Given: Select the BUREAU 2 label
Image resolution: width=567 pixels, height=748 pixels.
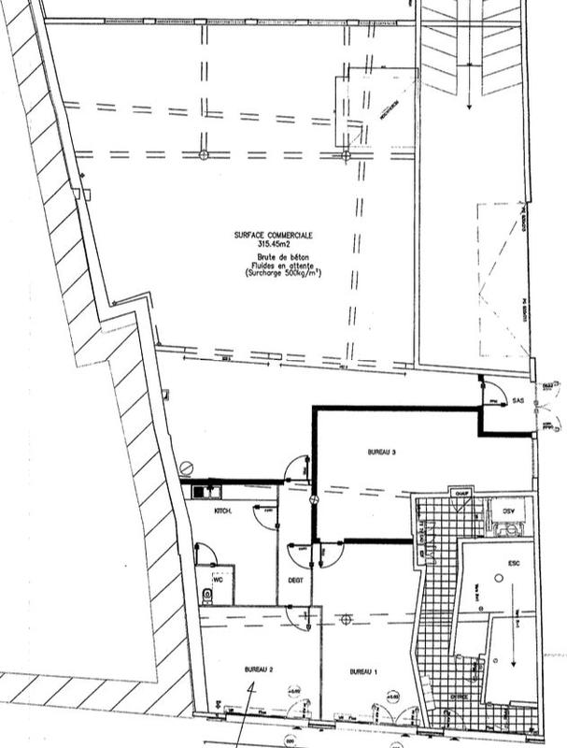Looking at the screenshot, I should click(258, 670).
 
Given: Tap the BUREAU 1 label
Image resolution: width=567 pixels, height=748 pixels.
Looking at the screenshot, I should click(363, 671).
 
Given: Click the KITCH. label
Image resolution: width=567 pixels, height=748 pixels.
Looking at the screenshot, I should click(223, 511).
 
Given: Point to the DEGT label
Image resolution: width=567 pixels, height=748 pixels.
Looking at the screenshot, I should click(296, 581).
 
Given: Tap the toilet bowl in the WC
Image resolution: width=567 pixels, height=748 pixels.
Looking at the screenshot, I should click(206, 593).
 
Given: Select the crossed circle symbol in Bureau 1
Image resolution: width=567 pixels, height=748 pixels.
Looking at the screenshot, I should click(346, 618).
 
